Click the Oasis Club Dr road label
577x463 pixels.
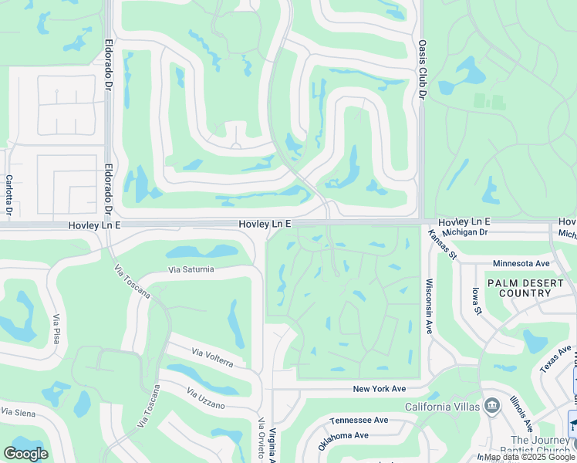pos(422,70)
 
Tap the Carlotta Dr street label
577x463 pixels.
pos(9,194)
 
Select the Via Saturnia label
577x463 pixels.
pos(191,270)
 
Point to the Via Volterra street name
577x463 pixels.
pos(214,357)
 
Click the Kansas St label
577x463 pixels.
pos(444,245)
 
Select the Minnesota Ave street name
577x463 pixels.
pos(519,263)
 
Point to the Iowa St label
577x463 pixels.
pos(477,301)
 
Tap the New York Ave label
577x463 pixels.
pos(379,389)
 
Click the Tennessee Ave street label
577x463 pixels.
pos(359,421)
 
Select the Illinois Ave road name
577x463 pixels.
pos(520,413)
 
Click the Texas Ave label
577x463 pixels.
pos(555,358)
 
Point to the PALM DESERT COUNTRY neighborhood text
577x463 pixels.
pos(525,288)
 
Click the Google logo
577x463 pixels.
pos(25,454)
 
